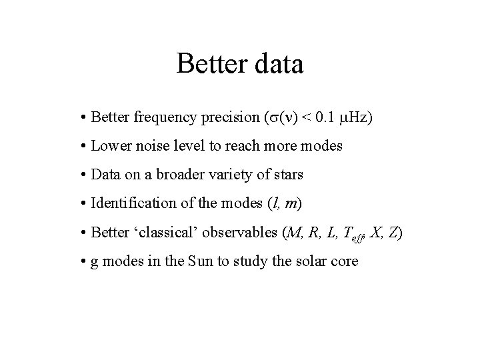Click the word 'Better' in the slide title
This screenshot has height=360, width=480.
207,65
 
